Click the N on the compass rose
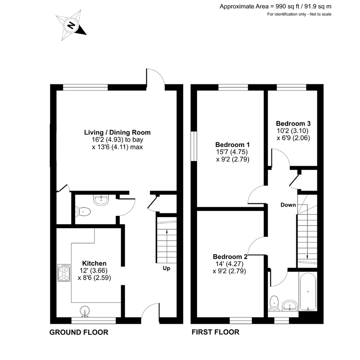click(72, 25)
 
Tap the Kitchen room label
click(94, 263)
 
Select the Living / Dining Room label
click(117, 132)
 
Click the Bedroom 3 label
click(293, 123)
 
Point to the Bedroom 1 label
click(232, 145)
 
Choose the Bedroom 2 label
click(230, 257)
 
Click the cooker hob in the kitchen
click(64, 273)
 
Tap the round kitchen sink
click(85, 311)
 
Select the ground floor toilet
click(83, 211)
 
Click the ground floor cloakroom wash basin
click(101, 200)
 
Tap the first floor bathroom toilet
click(274, 303)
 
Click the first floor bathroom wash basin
click(290, 306)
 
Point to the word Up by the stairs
click(166, 268)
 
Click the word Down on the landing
click(288, 205)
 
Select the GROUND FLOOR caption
click(79, 332)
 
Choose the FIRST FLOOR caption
click(215, 332)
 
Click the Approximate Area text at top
click(275, 6)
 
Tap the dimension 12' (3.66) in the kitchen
click(94, 270)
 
